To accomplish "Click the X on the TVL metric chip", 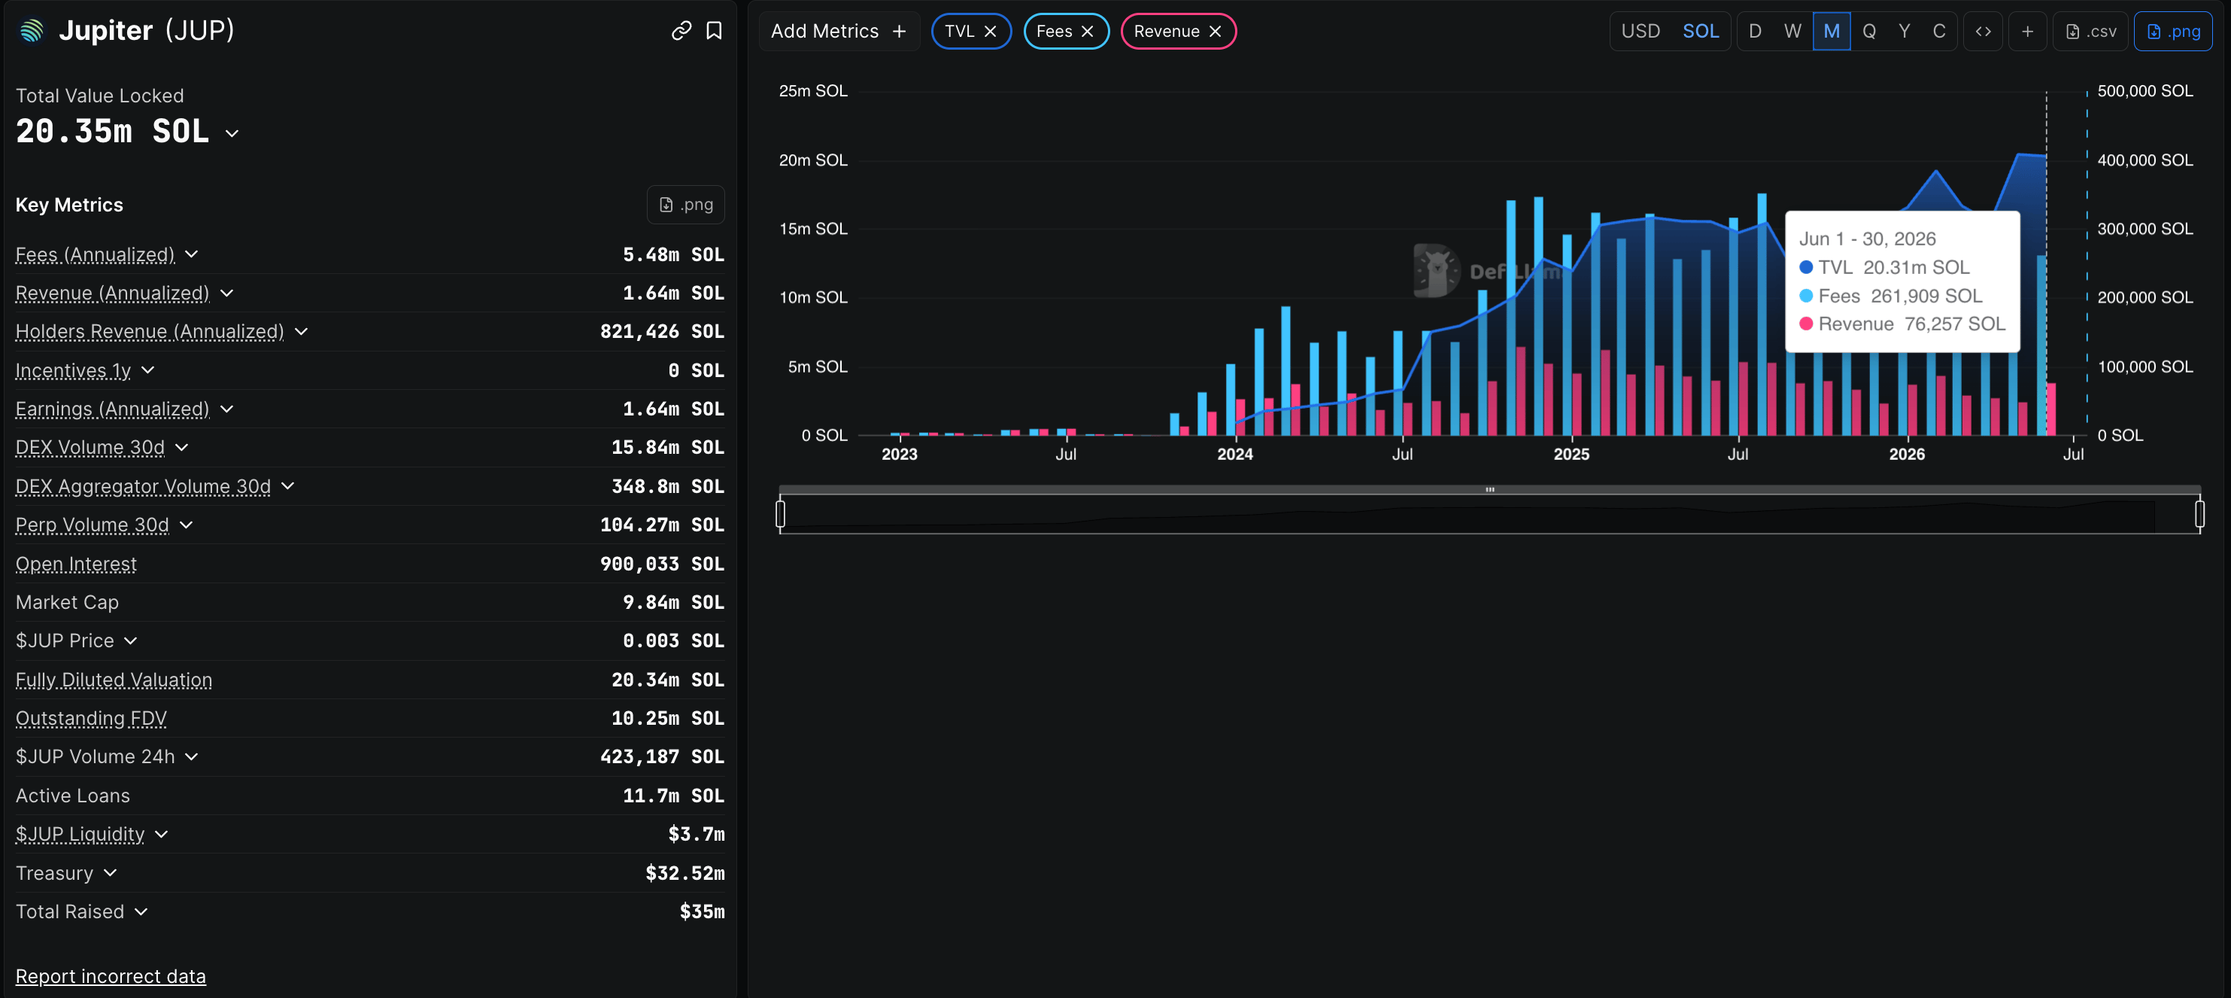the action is pyautogui.click(x=990, y=31).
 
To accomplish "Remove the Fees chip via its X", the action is pyautogui.click(x=1087, y=31).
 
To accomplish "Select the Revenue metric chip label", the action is pyautogui.click(x=1166, y=31).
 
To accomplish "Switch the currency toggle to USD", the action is pyautogui.click(x=1641, y=31).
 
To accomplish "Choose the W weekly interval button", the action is pyautogui.click(x=1792, y=31).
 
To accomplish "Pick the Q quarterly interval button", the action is pyautogui.click(x=1869, y=31).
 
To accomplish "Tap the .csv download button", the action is pyautogui.click(x=2090, y=31).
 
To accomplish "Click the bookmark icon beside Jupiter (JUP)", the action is pyautogui.click(x=714, y=31).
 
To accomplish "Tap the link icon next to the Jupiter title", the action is pyautogui.click(x=681, y=31).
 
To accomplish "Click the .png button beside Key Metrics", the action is pyautogui.click(x=686, y=205).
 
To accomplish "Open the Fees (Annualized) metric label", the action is pyautogui.click(x=96, y=254).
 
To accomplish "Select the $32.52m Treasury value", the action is pyautogui.click(x=685, y=873).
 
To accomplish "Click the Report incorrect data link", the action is pyautogui.click(x=111, y=976).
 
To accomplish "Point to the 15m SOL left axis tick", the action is pyautogui.click(x=813, y=229).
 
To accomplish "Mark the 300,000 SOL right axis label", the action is pyautogui.click(x=2145, y=229).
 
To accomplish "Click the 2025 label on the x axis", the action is pyautogui.click(x=1571, y=454).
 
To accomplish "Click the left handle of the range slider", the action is pyautogui.click(x=780, y=514).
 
